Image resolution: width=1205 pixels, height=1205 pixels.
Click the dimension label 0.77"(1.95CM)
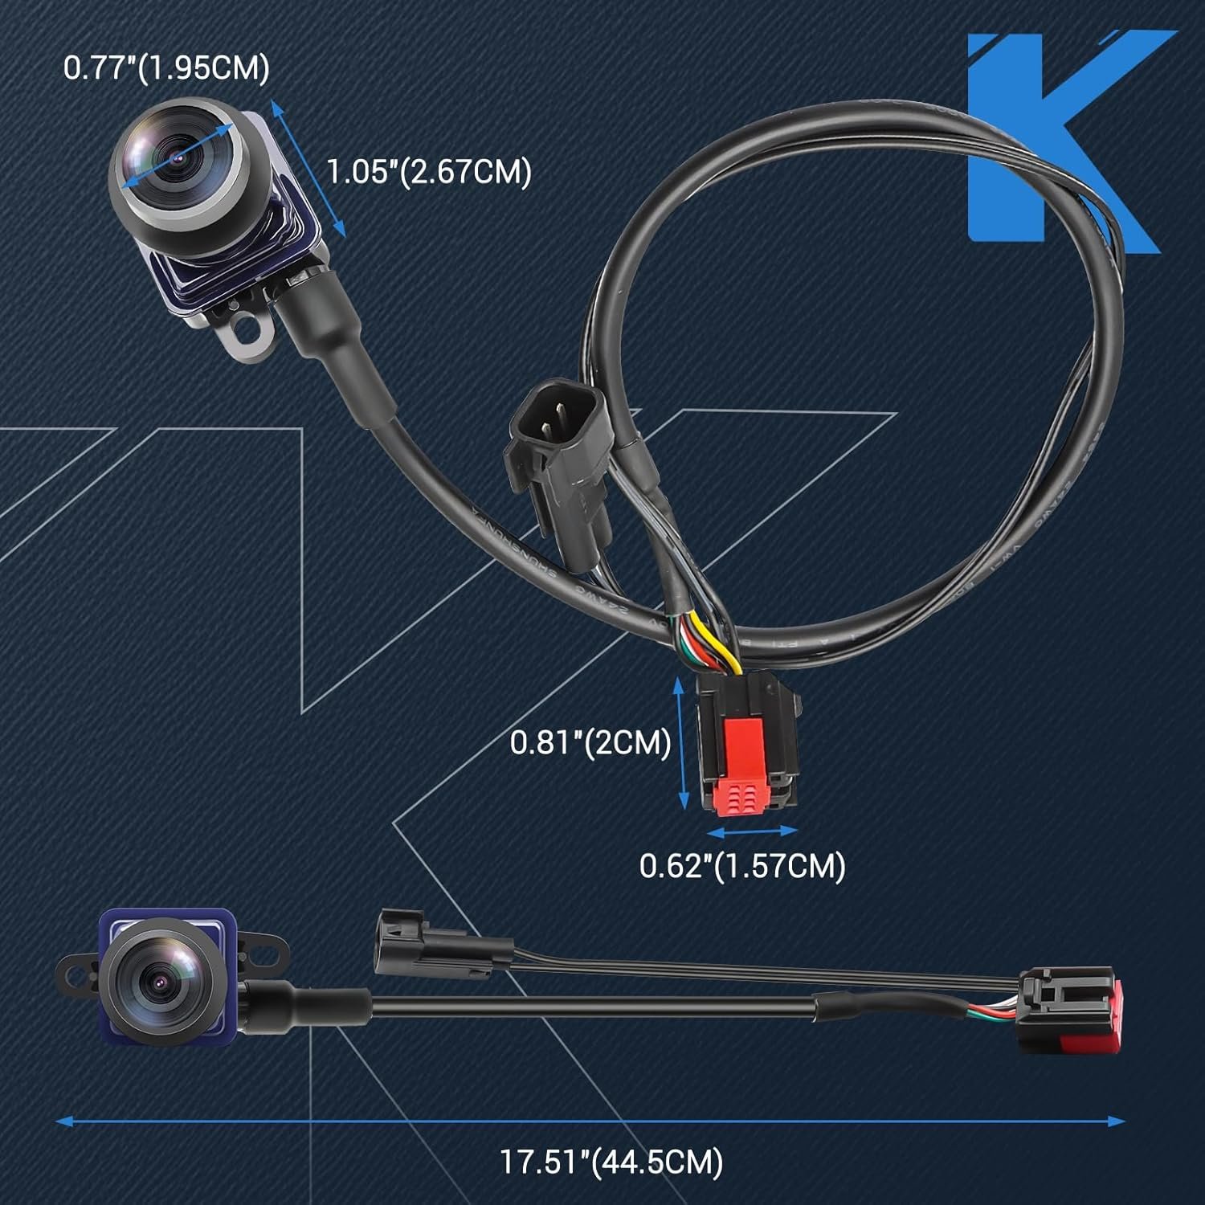[x=166, y=68]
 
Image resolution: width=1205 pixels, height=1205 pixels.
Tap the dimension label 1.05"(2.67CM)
[x=429, y=172]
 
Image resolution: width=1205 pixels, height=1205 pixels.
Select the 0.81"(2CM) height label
[x=590, y=741]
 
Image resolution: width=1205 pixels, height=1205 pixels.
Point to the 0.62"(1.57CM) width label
[x=742, y=866]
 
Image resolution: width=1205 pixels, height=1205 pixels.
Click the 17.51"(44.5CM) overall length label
[x=611, y=1162]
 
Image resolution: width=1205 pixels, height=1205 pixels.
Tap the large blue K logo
[x=1064, y=141]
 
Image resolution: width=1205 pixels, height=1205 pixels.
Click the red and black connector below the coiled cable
[x=747, y=743]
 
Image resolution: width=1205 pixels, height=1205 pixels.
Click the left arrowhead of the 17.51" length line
[x=63, y=1121]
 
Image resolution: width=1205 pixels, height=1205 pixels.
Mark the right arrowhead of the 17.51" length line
[x=1117, y=1121]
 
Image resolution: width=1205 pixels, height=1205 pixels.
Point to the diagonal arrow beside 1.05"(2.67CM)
[x=308, y=169]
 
